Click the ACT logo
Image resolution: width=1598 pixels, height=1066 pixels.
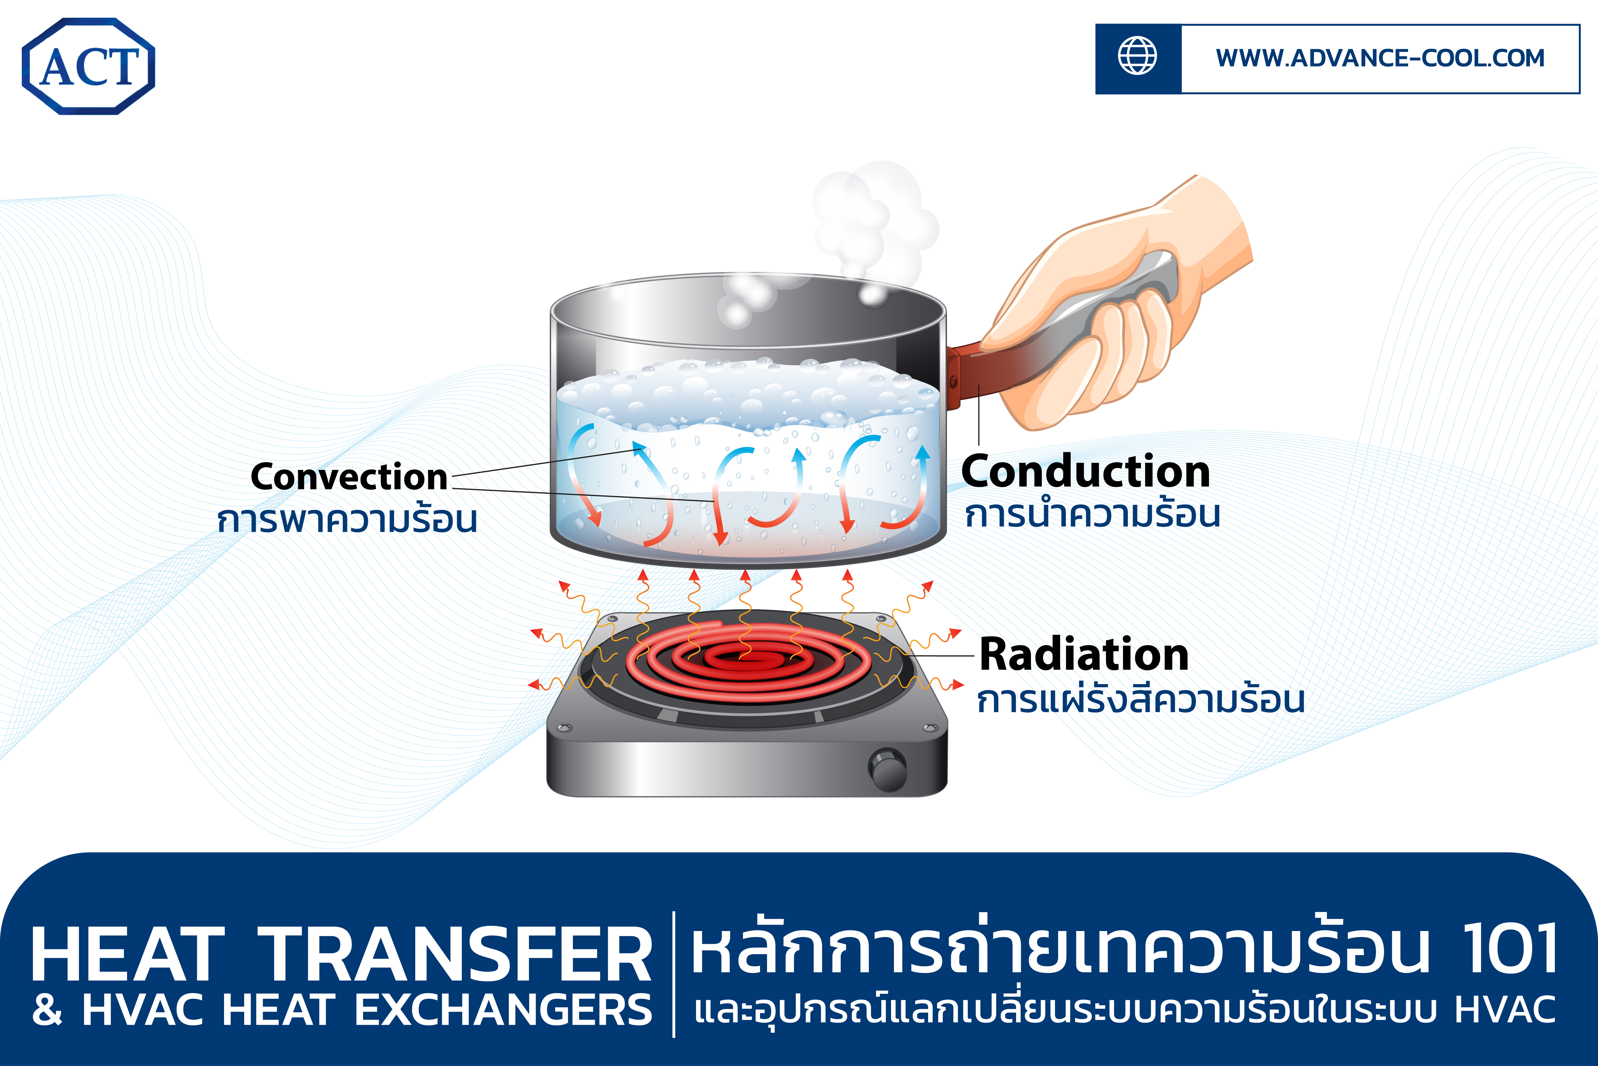point(88,66)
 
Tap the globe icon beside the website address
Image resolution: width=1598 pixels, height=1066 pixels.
point(1137,56)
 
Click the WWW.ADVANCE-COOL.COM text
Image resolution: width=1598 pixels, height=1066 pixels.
point(1380,59)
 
